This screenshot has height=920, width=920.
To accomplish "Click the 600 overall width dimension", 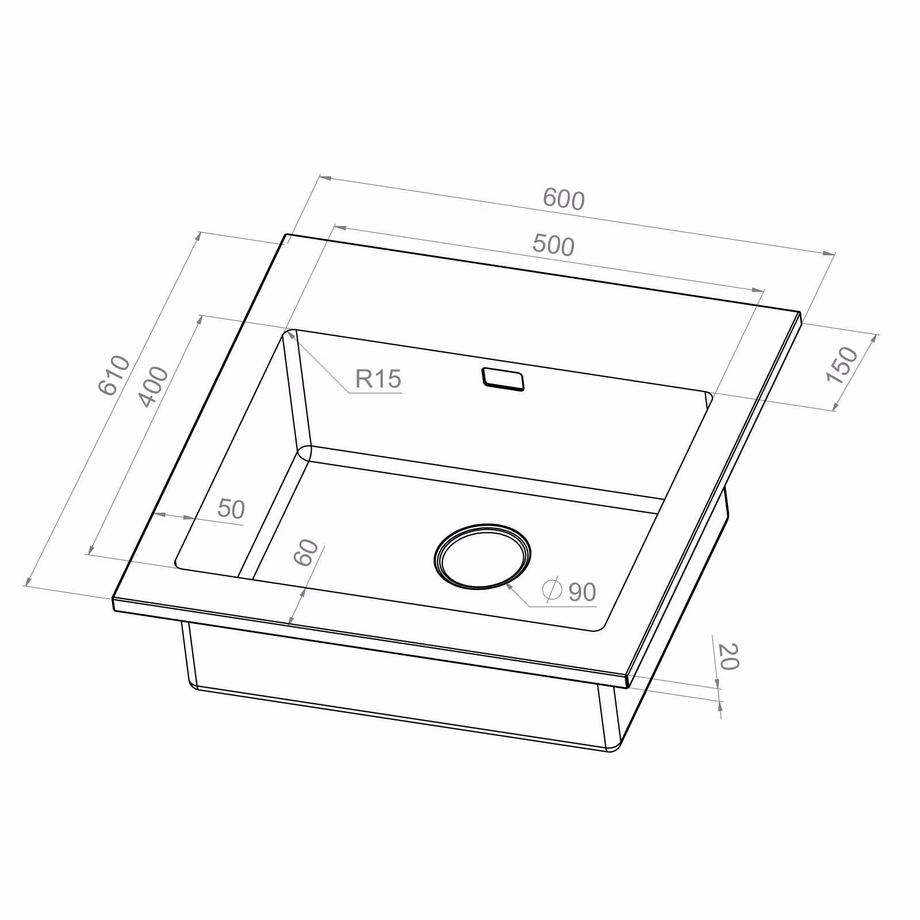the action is [563, 200].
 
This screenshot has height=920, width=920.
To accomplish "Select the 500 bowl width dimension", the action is [553, 245].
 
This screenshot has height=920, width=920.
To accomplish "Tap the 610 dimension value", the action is [115, 375].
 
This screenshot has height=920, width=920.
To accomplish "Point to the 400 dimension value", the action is [154, 386].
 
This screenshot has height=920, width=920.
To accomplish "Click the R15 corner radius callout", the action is [378, 379].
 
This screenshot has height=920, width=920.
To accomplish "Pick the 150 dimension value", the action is [842, 365].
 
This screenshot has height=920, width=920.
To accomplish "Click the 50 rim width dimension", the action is [231, 509].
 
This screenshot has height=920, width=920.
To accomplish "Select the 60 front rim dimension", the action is [306, 553].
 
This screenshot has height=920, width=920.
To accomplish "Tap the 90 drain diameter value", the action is [582, 592].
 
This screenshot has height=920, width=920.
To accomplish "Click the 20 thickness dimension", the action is [728, 657].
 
